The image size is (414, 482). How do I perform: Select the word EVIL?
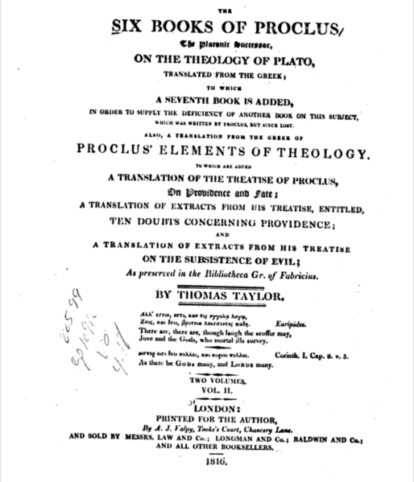click(302, 259)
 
